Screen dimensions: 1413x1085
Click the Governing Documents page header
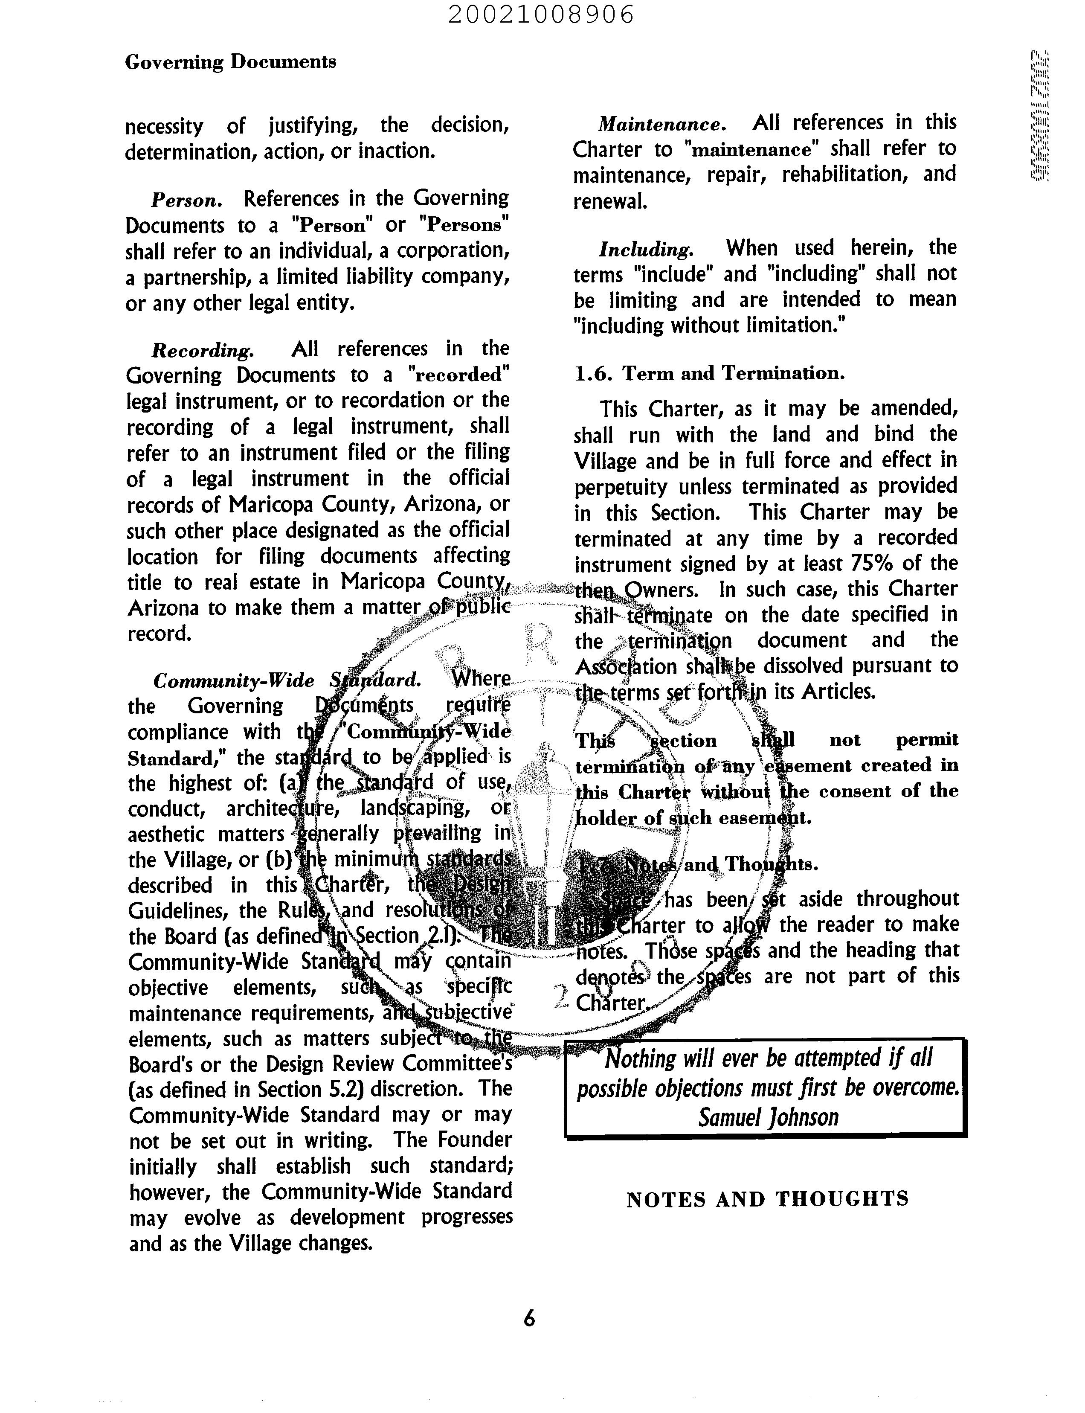pos(231,62)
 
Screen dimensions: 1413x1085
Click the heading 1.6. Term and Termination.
pos(710,373)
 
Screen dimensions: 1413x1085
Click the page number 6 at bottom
pos(529,1318)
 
